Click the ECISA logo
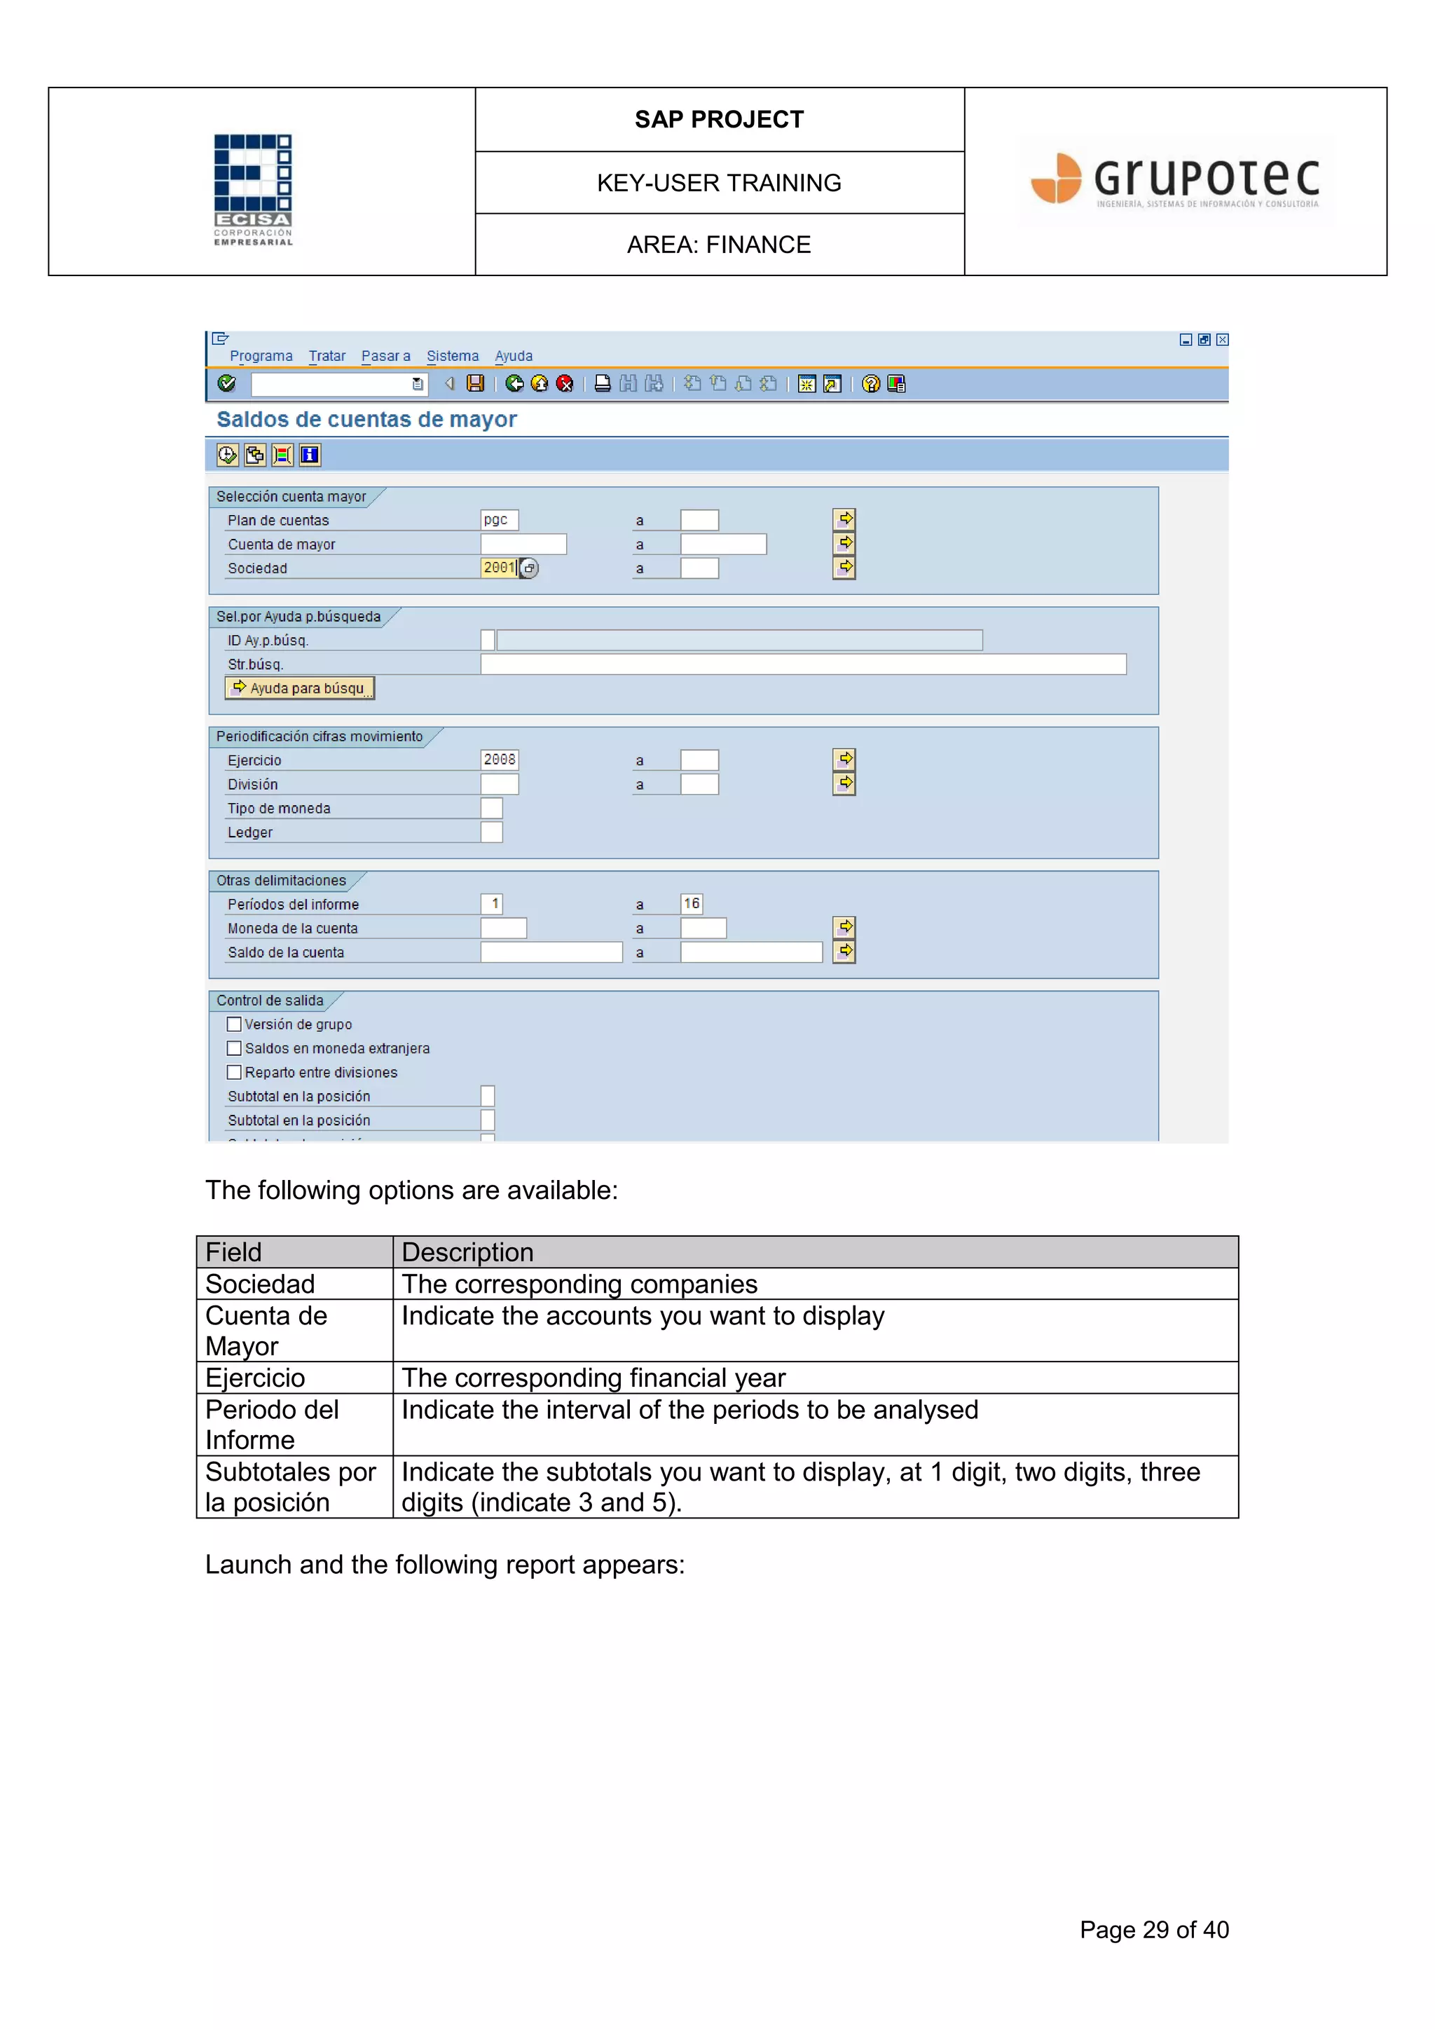pos(253,189)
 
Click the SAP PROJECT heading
pos(719,119)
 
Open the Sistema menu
pos(452,355)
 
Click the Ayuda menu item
pos(513,355)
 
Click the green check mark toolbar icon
pos(226,383)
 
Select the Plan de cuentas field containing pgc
pos(499,520)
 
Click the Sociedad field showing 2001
pos(499,568)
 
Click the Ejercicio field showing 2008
pos(499,760)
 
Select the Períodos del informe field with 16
pos(692,904)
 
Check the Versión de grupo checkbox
pos(234,1024)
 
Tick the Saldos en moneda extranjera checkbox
pos(234,1048)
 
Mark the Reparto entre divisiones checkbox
pos(234,1071)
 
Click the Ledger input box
pos(492,832)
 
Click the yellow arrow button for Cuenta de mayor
pos(844,543)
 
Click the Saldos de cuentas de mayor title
pos(366,419)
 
